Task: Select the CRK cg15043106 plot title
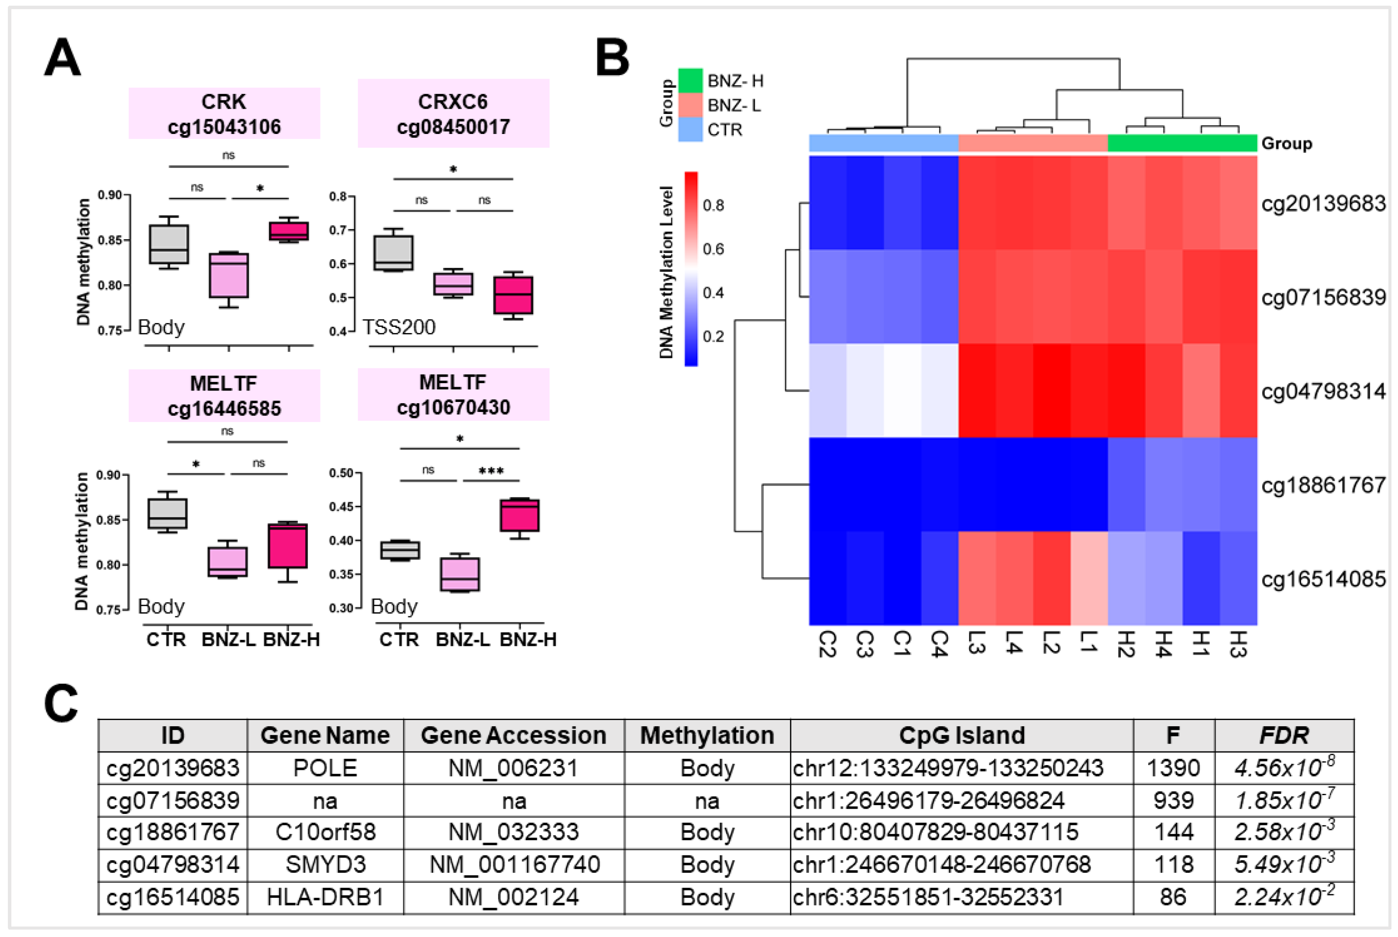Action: (224, 113)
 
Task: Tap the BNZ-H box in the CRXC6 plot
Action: (513, 295)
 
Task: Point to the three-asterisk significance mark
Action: (491, 471)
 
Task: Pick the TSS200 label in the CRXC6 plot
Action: (399, 327)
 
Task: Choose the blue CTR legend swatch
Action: (690, 130)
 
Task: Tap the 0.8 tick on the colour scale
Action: (713, 206)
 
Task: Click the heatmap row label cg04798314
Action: (1323, 391)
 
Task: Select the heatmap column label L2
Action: (1051, 643)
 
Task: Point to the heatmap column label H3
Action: (1237, 644)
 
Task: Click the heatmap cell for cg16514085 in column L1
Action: (1088, 578)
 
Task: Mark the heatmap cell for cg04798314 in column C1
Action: (902, 391)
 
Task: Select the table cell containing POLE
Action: (325, 768)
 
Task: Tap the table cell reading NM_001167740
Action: (513, 865)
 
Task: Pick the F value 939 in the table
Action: (1173, 800)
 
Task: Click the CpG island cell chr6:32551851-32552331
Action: (928, 897)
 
